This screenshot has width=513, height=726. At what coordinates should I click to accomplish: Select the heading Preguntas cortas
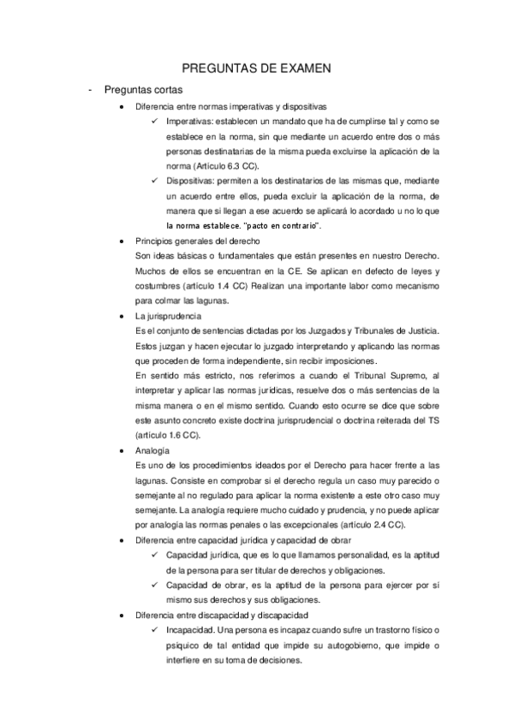[x=143, y=89]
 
